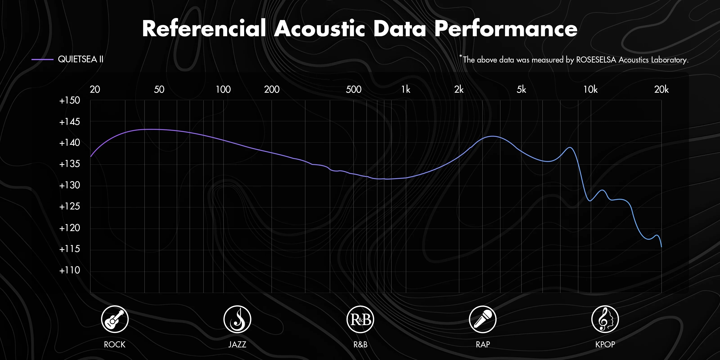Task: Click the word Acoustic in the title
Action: click(319, 29)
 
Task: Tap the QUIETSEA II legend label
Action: click(81, 59)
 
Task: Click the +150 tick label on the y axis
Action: click(70, 100)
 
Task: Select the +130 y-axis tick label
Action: click(70, 185)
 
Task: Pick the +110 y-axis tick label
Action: click(70, 270)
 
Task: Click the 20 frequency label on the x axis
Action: click(95, 90)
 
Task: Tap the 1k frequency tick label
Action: click(406, 90)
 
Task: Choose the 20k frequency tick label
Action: click(661, 90)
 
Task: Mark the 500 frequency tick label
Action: click(353, 90)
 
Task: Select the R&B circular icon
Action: click(360, 319)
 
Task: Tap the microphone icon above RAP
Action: click(483, 319)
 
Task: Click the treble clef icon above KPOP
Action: click(605, 319)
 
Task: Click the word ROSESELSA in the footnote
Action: click(596, 60)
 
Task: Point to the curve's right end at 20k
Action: click(661, 247)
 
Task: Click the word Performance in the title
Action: click(506, 29)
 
